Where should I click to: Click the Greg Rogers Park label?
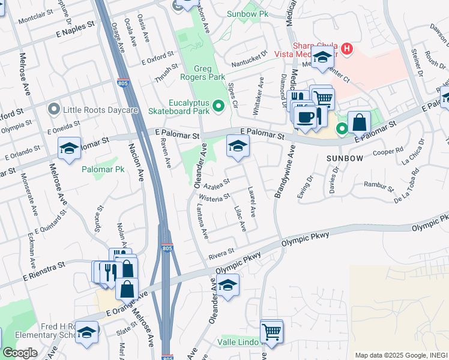click(x=203, y=72)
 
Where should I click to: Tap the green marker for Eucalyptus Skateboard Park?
click(x=218, y=107)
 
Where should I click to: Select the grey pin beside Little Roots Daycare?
click(x=54, y=109)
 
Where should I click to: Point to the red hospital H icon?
click(x=347, y=48)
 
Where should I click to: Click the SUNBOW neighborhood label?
click(x=345, y=158)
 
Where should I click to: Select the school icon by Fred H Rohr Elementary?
click(x=87, y=332)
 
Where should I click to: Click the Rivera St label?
click(x=221, y=254)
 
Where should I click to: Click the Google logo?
click(x=20, y=353)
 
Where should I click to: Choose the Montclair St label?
click(x=36, y=20)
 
